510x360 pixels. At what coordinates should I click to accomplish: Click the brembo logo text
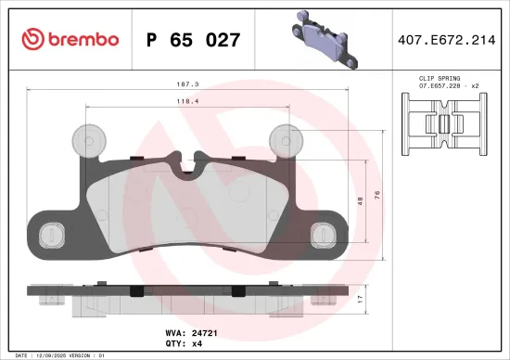click(79, 39)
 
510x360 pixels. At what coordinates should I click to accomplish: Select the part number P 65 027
click(194, 40)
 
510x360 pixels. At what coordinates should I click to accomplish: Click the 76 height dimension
click(376, 193)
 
